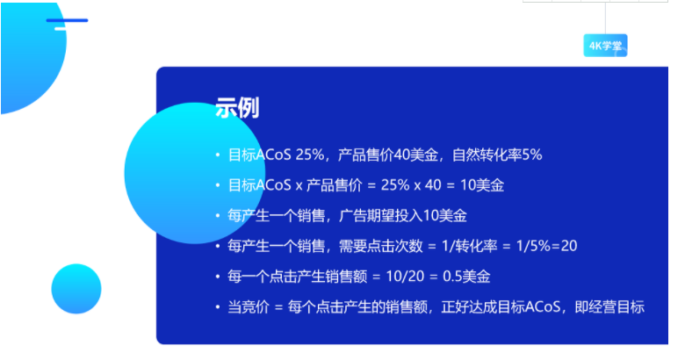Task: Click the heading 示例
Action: click(x=236, y=109)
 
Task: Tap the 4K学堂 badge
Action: click(x=605, y=47)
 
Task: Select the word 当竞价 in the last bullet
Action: click(x=247, y=306)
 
